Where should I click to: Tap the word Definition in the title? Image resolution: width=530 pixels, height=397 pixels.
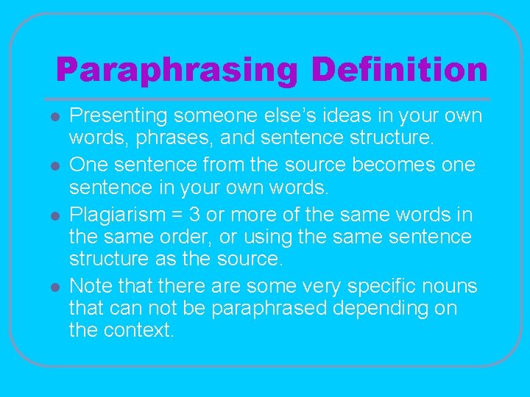tap(399, 71)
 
